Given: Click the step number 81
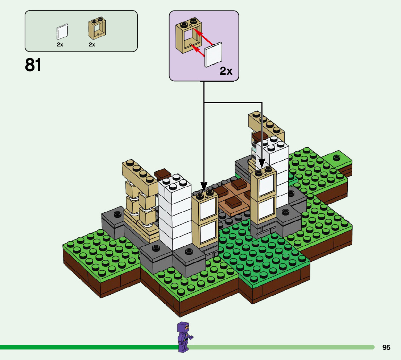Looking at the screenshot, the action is click(33, 65).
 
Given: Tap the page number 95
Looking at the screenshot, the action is click(386, 347).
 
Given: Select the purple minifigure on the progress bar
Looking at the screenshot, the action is click(184, 337).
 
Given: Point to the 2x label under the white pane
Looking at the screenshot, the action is click(60, 45).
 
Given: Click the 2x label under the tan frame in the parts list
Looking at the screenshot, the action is click(92, 45).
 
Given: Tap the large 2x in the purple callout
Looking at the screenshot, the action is click(226, 71).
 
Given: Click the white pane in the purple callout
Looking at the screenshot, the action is click(214, 55).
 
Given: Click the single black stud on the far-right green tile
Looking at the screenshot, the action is click(337, 157).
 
